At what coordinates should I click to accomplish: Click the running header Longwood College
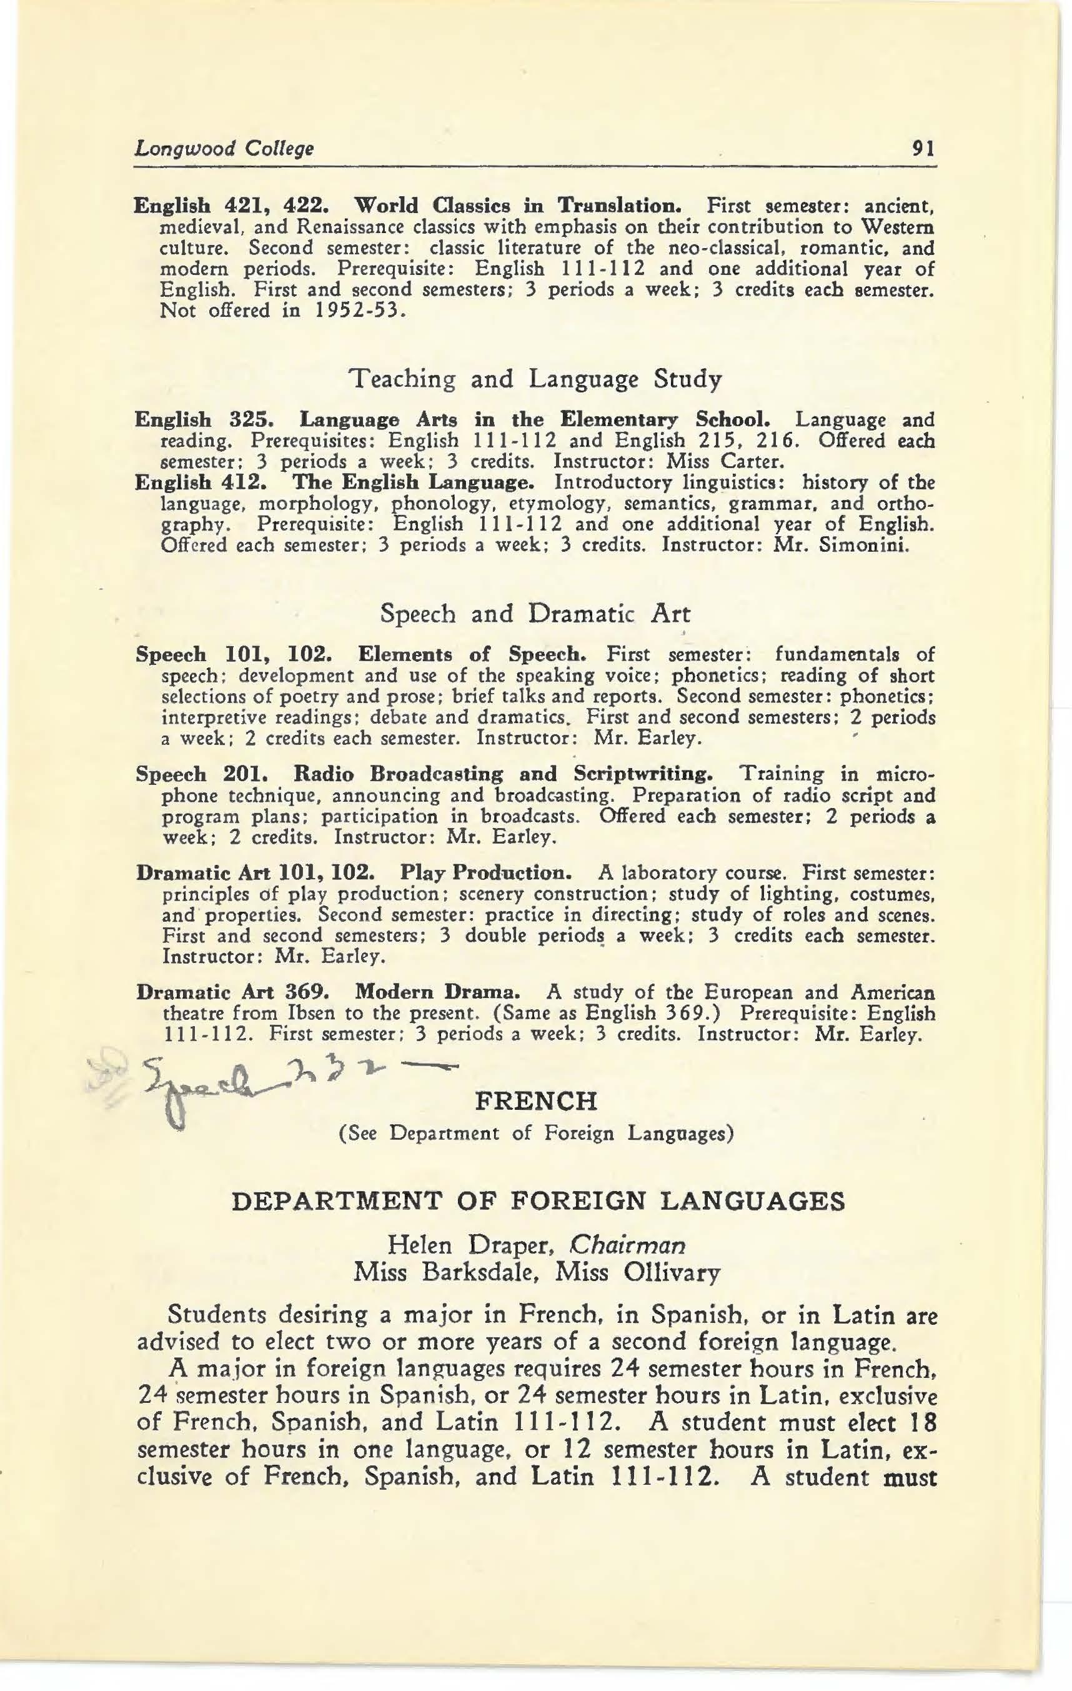224,149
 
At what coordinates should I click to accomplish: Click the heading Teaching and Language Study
535,380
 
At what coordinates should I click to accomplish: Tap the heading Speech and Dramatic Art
535,614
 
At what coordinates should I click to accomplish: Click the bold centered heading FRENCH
537,1100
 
